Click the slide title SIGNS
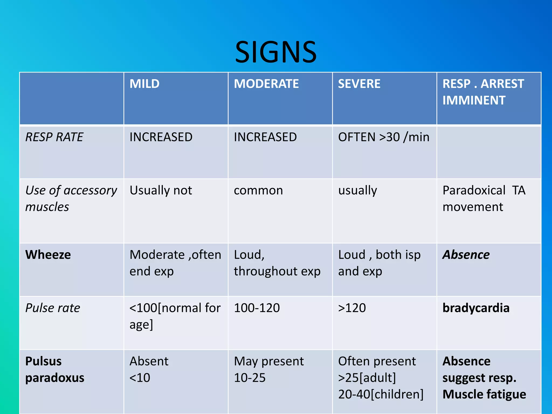pos(276,52)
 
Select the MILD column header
pos(144,84)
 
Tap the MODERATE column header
pos(266,84)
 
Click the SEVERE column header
pos(359,84)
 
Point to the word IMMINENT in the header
pos(474,101)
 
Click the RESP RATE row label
pos(54,137)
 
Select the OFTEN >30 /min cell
pos(384,137)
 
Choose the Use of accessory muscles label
pos(71,198)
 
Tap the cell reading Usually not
pos(161,190)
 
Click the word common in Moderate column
pos(258,191)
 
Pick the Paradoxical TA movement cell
pos(484,198)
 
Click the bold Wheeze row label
pos(48,255)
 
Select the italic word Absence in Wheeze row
pos(466,255)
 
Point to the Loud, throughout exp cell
pos(277,263)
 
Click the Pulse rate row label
pos(53,308)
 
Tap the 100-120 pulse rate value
pos(257,308)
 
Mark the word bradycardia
pos(476,308)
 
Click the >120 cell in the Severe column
pos(352,308)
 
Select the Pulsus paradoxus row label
pos(54,369)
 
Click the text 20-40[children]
pos(381,394)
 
